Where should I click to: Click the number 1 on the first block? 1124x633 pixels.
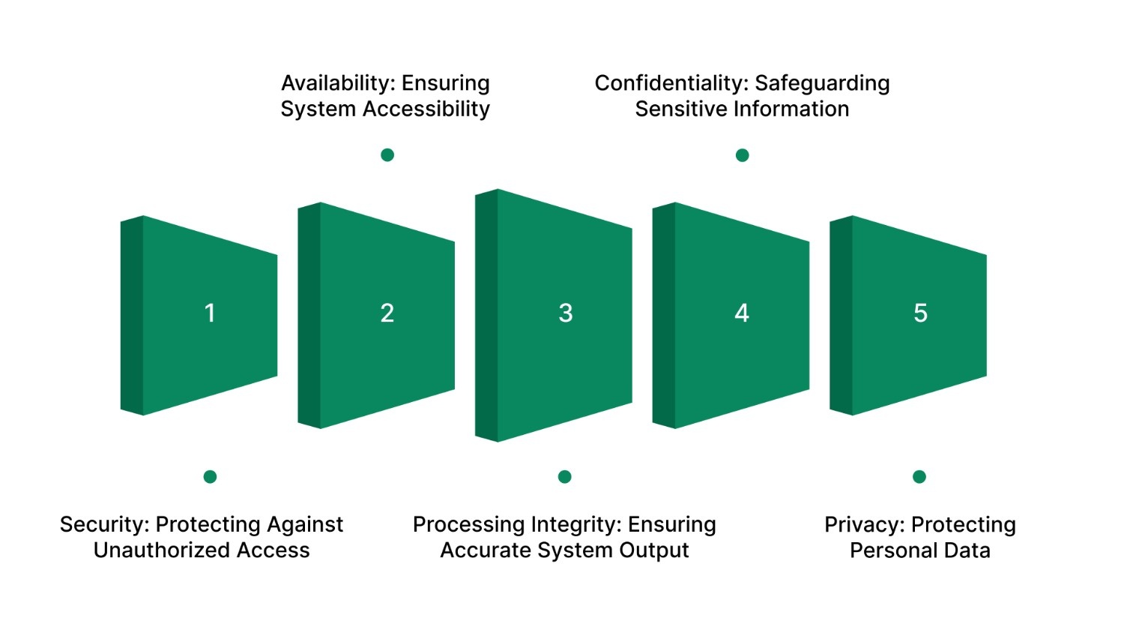[x=210, y=313]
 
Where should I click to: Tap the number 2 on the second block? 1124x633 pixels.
[x=387, y=313]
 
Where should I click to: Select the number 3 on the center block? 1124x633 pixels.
[x=566, y=313]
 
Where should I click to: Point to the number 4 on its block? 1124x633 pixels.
[x=742, y=313]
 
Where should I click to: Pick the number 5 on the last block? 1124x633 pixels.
[x=920, y=313]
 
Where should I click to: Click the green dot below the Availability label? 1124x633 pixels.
[x=387, y=155]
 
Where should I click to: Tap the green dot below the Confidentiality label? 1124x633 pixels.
[x=742, y=155]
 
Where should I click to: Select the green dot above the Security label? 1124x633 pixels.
[x=210, y=477]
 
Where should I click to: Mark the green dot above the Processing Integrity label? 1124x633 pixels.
[x=565, y=477]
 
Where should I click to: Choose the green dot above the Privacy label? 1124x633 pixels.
[x=919, y=477]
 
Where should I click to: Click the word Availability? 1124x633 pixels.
[x=338, y=83]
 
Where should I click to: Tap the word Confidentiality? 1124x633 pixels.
[x=671, y=83]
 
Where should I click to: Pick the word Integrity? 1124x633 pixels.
[x=577, y=525]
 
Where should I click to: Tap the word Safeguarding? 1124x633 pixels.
[x=822, y=83]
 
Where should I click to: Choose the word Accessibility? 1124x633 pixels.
[x=426, y=109]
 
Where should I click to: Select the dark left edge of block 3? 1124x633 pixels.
[x=486, y=315]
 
